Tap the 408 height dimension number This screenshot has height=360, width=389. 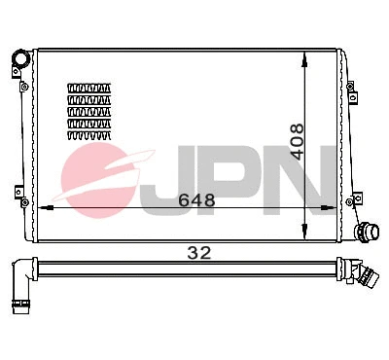[x=298, y=141]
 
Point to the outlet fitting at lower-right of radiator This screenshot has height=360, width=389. [x=368, y=233]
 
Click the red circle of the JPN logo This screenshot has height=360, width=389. [x=95, y=177]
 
